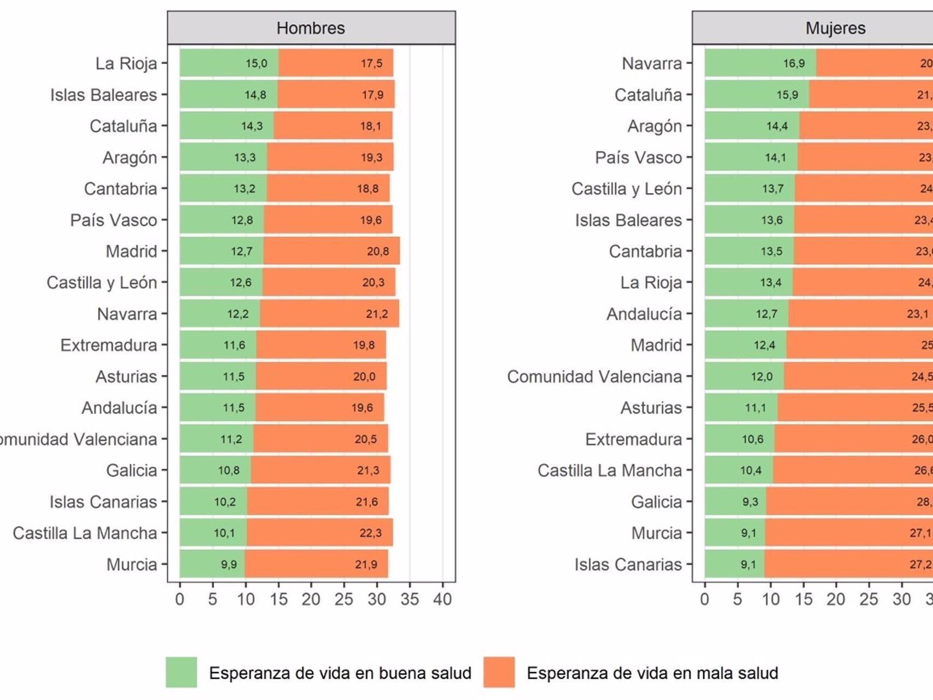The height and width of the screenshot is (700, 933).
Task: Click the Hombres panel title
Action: [311, 28]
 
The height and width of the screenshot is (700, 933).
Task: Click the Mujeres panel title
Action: [835, 28]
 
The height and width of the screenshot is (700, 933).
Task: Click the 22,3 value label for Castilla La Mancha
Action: [370, 533]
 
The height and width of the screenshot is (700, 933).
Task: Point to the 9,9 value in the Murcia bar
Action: [229, 564]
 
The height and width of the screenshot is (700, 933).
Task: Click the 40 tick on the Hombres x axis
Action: [442, 599]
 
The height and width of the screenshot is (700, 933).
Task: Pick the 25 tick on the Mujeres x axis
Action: [868, 599]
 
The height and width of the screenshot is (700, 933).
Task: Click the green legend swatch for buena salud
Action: [182, 672]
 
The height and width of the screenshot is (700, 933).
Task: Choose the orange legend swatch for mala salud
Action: [499, 672]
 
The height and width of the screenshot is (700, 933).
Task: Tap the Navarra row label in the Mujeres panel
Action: [652, 63]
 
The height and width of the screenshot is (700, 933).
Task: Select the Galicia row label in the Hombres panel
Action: [131, 470]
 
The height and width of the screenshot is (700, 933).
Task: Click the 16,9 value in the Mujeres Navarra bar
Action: [794, 63]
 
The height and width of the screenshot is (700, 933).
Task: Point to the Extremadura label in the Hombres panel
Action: [108, 345]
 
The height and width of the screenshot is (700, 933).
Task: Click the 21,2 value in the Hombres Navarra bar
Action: [377, 314]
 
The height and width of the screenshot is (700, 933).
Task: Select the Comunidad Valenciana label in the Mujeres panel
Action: [594, 377]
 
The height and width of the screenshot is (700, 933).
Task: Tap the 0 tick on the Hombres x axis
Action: [179, 599]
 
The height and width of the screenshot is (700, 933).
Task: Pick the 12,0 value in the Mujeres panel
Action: [761, 377]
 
